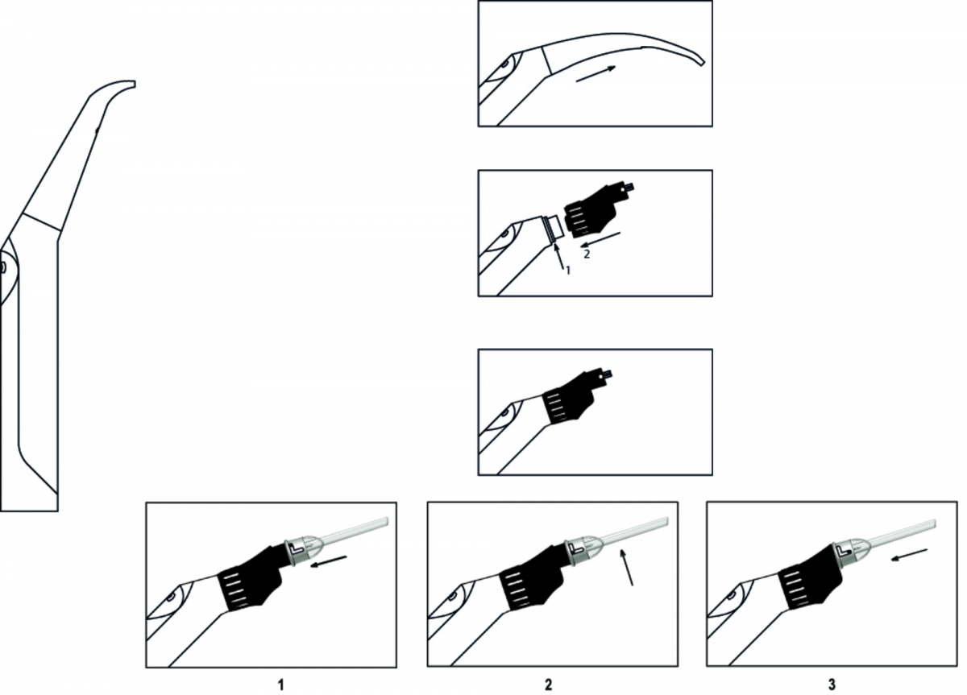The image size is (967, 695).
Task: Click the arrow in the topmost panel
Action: tap(596, 74)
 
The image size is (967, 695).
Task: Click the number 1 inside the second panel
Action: tap(568, 271)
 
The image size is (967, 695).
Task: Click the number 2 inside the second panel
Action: tap(587, 254)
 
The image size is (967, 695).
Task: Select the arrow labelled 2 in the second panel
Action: tap(600, 240)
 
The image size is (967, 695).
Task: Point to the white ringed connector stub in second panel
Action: tap(553, 228)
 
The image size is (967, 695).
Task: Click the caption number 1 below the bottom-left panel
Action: tap(281, 685)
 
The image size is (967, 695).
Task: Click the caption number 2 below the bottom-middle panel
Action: tap(548, 685)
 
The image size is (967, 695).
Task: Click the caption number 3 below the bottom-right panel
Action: tap(832, 685)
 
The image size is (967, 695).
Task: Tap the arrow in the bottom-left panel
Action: tap(329, 561)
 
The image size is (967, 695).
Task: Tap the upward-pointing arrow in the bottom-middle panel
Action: tap(626, 567)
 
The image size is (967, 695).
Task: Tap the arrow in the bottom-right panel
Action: tap(910, 555)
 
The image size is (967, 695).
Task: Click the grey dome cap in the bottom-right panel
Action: tap(848, 550)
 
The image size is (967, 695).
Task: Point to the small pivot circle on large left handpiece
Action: tap(2, 267)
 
